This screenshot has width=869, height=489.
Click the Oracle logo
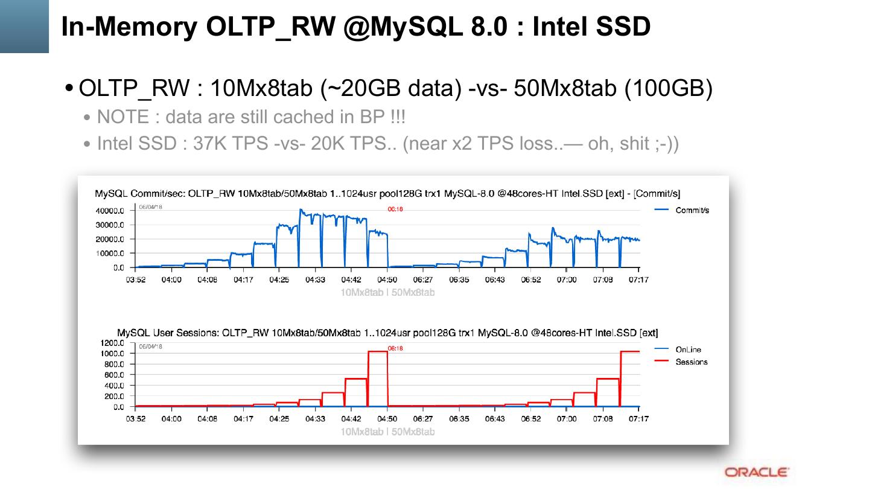[756, 472]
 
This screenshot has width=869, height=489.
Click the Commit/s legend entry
[692, 210]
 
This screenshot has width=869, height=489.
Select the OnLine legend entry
[688, 350]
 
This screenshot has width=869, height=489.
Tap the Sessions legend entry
[691, 362]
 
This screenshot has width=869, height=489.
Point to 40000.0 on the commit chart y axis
[110, 211]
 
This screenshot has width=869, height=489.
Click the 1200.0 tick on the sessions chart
[112, 343]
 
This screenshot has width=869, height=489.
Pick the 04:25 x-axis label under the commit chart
[279, 280]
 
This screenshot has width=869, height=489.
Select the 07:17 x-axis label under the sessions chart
[638, 418]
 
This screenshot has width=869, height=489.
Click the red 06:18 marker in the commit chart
[395, 209]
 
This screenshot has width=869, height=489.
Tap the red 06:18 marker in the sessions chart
[395, 348]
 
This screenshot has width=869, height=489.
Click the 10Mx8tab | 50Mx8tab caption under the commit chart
[387, 293]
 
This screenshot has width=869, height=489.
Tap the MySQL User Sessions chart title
[387, 333]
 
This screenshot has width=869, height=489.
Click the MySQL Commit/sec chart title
[387, 194]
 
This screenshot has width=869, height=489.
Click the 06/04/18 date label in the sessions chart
[150, 347]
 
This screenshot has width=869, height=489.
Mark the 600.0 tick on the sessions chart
[114, 375]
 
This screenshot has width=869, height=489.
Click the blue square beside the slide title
[24, 26]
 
